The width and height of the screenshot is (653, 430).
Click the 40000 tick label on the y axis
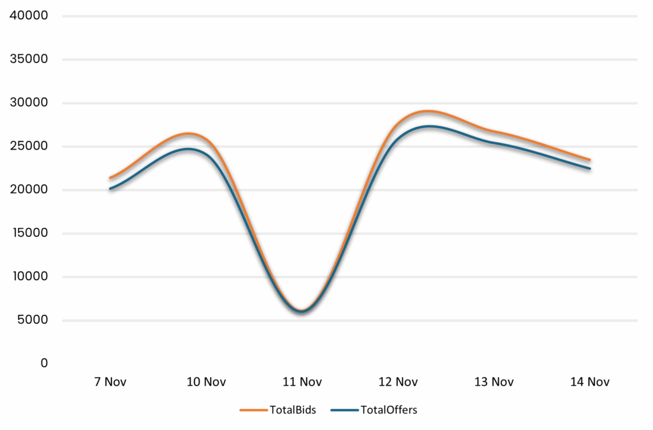[x=29, y=16]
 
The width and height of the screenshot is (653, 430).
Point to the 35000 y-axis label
[x=29, y=59]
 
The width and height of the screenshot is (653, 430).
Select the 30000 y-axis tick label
[x=29, y=103]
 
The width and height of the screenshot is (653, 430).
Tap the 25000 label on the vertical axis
[x=29, y=146]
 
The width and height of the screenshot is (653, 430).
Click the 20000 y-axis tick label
[x=29, y=189]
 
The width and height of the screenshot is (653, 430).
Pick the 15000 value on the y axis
[x=29, y=233]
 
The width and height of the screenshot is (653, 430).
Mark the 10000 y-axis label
[x=29, y=276]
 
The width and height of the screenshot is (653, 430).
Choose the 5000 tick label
[x=32, y=319]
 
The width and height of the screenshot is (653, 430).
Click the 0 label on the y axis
[x=43, y=362]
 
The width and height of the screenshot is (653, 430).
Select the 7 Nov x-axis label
[x=110, y=382]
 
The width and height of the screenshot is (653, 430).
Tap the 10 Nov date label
[x=206, y=382]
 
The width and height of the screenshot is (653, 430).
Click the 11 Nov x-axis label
[x=302, y=382]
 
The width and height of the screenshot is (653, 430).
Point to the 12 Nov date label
[x=398, y=382]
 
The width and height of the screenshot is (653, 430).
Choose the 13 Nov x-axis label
[x=494, y=382]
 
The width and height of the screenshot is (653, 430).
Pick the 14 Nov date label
[x=590, y=382]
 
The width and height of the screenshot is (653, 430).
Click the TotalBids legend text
[x=293, y=410]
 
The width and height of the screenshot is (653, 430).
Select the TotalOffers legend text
[x=388, y=410]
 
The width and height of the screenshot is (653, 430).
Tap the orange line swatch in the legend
[x=253, y=410]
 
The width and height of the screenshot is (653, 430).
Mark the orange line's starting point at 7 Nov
[x=110, y=178]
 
